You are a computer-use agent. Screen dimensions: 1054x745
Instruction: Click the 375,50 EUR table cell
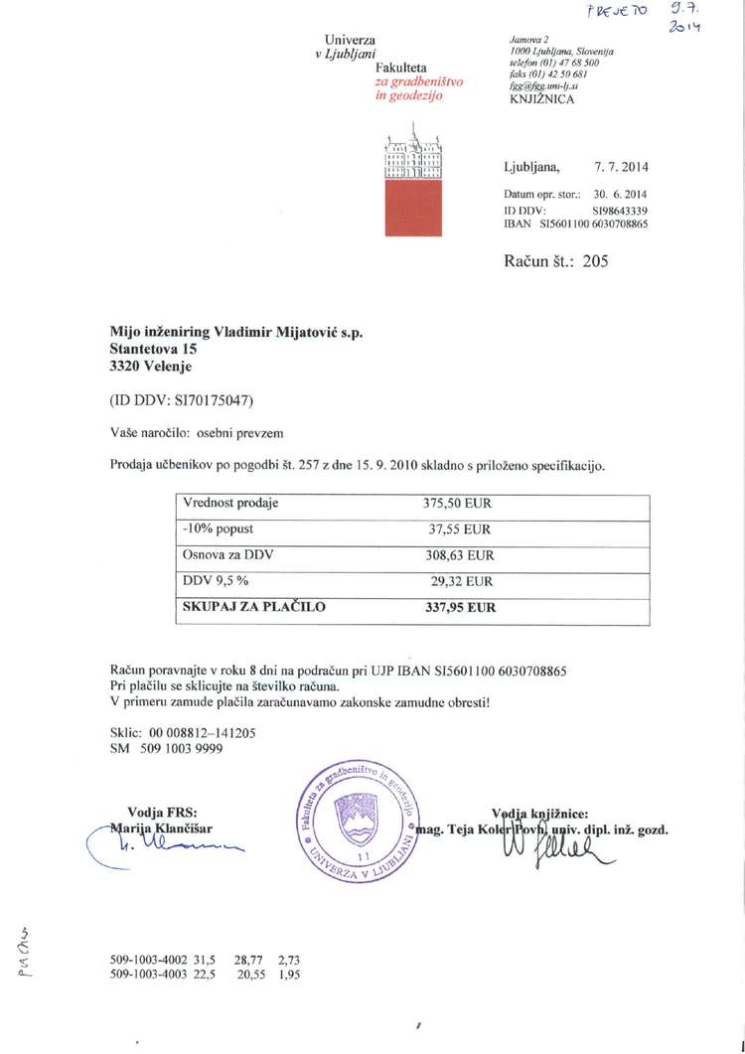(458, 504)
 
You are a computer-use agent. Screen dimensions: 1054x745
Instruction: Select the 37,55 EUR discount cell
(458, 529)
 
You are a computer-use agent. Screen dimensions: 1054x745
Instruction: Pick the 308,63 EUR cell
(458, 555)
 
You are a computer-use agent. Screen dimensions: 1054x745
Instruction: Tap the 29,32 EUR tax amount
(458, 581)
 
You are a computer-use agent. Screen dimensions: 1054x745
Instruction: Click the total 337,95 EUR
(458, 606)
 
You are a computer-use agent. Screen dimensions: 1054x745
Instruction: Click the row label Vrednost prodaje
(231, 504)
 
